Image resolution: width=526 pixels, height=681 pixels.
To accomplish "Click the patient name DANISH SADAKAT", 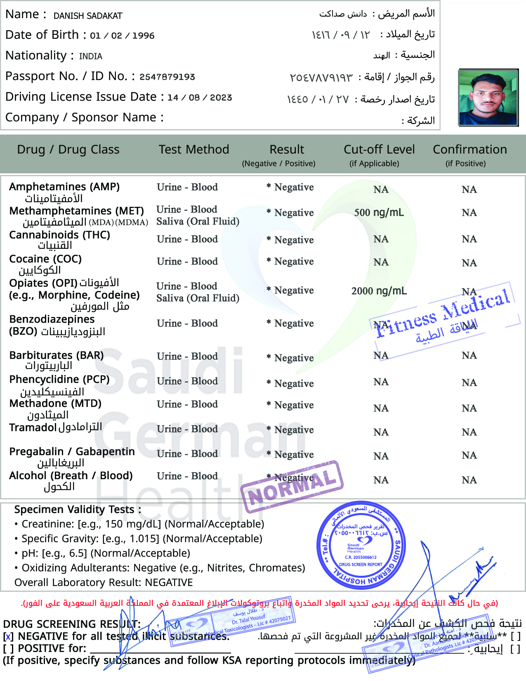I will tap(88, 16).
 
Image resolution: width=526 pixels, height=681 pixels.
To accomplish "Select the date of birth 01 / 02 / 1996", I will tap(122, 35).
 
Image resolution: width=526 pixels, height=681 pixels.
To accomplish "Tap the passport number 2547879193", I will tap(167, 77).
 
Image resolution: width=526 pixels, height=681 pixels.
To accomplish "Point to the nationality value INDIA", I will tap(91, 56).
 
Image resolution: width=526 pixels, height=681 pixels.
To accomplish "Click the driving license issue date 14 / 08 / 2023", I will tap(200, 97).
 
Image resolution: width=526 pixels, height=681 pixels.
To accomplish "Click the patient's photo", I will tap(488, 97).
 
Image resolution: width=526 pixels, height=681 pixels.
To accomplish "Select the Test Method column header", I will tap(194, 149).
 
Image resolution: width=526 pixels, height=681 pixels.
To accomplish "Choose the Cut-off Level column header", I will tap(379, 149).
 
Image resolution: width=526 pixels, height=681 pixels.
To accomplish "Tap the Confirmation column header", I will tap(469, 149).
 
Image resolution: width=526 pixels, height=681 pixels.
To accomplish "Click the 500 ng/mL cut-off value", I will tap(379, 213).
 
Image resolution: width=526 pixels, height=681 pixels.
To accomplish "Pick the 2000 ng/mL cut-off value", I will tap(379, 291).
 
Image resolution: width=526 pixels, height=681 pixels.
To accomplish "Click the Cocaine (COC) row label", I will tap(45, 259).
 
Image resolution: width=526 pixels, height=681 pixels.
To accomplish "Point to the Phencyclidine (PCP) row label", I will tap(59, 379).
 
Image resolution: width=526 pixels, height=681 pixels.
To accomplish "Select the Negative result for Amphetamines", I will tap(294, 187).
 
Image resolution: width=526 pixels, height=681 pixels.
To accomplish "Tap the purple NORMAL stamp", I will tap(292, 487).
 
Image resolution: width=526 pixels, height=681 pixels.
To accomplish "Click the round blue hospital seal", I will tap(361, 545).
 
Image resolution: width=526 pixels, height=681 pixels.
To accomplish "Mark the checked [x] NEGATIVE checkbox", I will tap(8, 637).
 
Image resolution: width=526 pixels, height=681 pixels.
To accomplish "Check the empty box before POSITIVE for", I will tap(8, 649).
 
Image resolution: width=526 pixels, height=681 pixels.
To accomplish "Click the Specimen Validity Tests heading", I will tap(78, 510).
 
